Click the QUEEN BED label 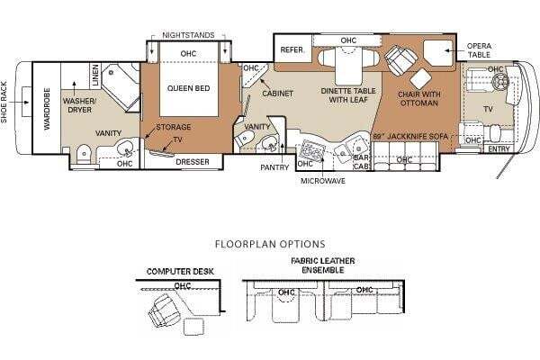click(188, 88)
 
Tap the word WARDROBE click(47, 109)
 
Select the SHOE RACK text click(4, 102)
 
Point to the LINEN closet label click(95, 75)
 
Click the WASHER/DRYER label click(79, 105)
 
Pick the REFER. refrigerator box click(292, 50)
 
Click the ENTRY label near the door click(499, 149)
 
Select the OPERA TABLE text click(479, 50)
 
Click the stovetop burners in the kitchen click(312, 149)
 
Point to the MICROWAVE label click(323, 181)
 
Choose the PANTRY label click(274, 167)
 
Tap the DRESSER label click(193, 162)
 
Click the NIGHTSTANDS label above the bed click(188, 35)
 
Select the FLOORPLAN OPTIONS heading click(270, 244)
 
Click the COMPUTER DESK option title click(180, 272)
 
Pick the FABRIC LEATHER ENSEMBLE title click(323, 265)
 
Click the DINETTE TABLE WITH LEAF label click(348, 95)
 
